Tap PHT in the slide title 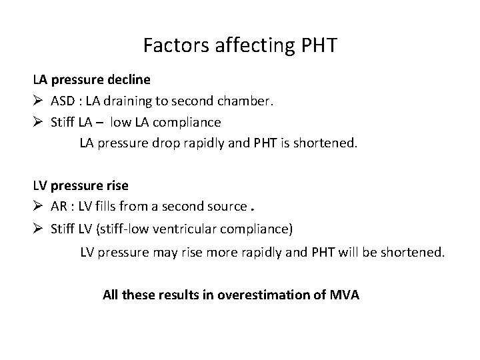click(x=317, y=46)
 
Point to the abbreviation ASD click(x=64, y=102)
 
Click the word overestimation click(x=263, y=294)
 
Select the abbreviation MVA click(x=344, y=294)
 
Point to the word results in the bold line click(x=183, y=294)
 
